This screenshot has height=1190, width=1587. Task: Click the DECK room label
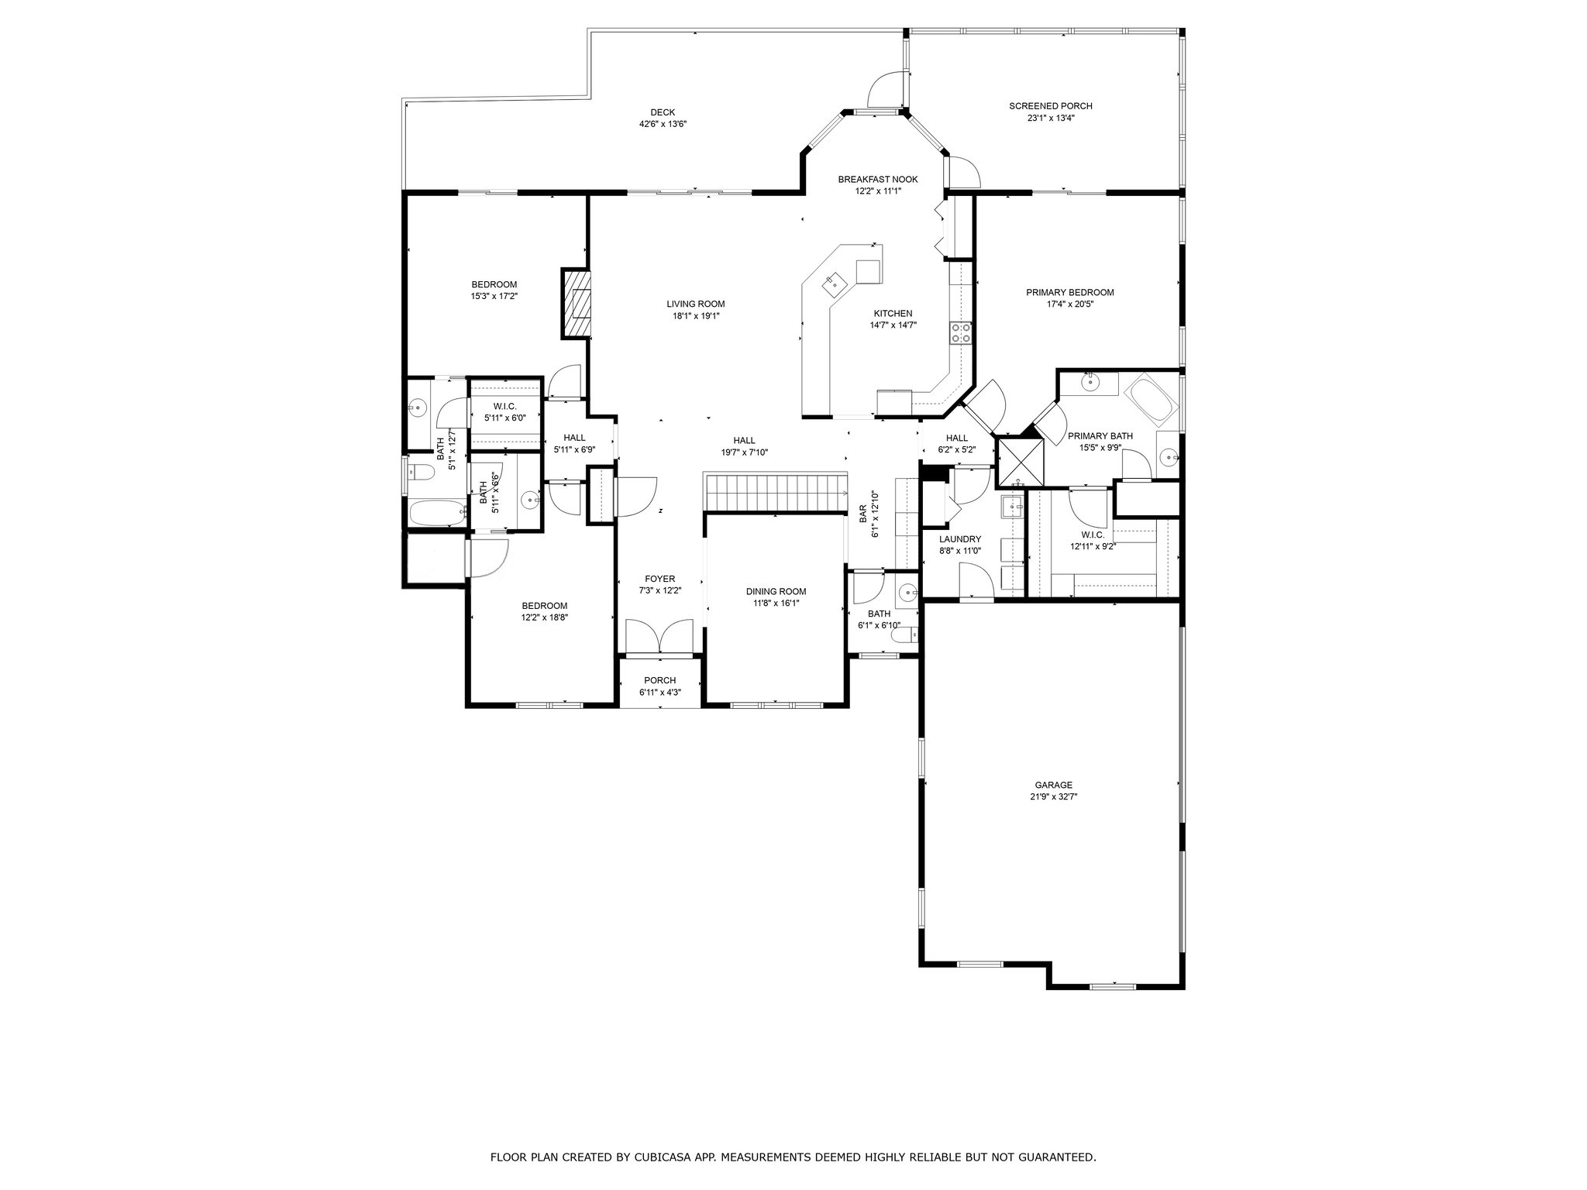663,112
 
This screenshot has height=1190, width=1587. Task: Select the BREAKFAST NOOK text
878,180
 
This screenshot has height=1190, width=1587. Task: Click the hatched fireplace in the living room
575,304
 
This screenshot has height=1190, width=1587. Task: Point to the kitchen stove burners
962,333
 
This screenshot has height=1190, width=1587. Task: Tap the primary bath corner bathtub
1152,400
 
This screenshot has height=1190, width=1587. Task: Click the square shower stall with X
1020,463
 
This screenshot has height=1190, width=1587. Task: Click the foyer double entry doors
659,637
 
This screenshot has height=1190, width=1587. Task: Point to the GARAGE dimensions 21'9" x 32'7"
1053,796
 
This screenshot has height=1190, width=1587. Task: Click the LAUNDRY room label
960,539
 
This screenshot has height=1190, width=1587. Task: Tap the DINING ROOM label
776,592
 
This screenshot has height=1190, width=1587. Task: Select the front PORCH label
660,680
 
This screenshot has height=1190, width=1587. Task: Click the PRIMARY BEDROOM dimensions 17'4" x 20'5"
1069,304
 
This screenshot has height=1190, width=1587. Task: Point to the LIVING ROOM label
696,304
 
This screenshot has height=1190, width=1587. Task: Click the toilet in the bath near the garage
907,636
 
